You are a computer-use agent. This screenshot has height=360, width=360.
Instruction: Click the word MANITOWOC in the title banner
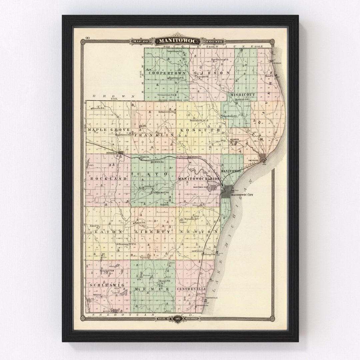point(178,41)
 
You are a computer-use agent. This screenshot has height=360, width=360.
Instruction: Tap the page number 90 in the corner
point(87,38)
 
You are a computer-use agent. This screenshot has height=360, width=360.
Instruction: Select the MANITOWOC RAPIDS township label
point(199,179)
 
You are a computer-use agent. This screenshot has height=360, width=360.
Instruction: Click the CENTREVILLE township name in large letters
point(191,288)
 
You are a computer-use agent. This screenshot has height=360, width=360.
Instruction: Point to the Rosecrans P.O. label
point(176,78)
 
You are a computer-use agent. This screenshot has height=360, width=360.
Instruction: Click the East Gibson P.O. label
point(220,60)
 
